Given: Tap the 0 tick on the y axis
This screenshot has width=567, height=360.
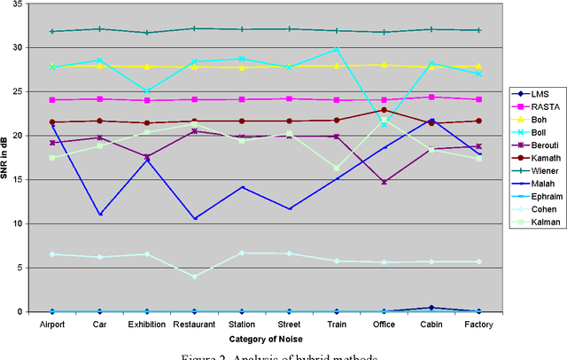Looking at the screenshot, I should click(x=24, y=311).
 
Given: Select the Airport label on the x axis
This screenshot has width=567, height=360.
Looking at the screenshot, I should click(x=52, y=325).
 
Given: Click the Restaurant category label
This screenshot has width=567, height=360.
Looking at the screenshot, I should click(x=195, y=325).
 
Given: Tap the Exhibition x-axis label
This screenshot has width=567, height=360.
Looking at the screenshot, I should click(x=147, y=325).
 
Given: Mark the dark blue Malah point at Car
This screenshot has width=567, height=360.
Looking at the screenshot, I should click(x=99, y=214).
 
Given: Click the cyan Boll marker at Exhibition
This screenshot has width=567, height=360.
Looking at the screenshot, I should click(x=147, y=90).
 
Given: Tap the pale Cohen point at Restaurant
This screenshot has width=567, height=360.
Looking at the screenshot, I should click(x=195, y=277).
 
